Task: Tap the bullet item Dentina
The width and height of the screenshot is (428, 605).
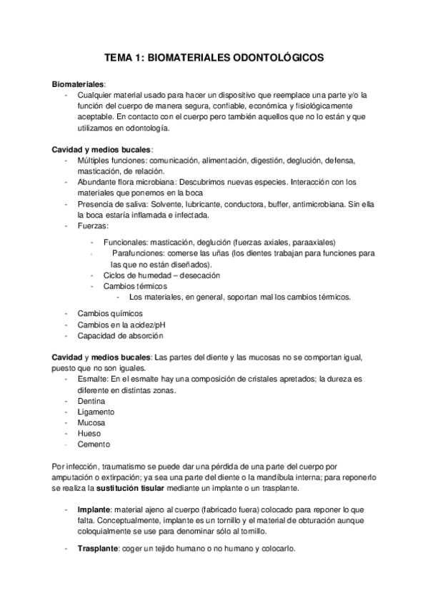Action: (91, 402)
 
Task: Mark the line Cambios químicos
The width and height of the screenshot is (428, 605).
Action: (110, 313)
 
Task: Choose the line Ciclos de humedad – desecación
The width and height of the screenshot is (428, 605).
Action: (161, 275)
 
